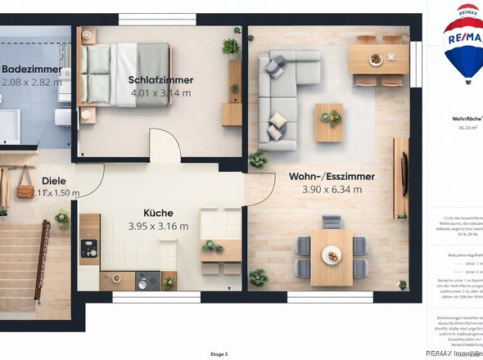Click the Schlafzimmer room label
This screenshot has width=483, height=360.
(160, 80)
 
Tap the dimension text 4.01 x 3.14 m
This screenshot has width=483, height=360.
(160, 93)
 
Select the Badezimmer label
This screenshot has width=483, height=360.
(30, 70)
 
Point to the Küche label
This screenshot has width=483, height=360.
(158, 212)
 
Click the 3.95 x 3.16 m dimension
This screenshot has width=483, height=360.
(158, 226)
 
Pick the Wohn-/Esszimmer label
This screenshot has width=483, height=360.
(332, 176)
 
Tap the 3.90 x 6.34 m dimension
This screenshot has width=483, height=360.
(332, 190)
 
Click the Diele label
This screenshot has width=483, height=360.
(53, 181)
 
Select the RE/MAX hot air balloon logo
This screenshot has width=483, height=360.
(463, 45)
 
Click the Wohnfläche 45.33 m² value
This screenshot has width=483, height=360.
(467, 128)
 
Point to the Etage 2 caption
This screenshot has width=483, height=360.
(219, 353)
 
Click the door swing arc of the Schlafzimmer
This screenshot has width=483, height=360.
(166, 146)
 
